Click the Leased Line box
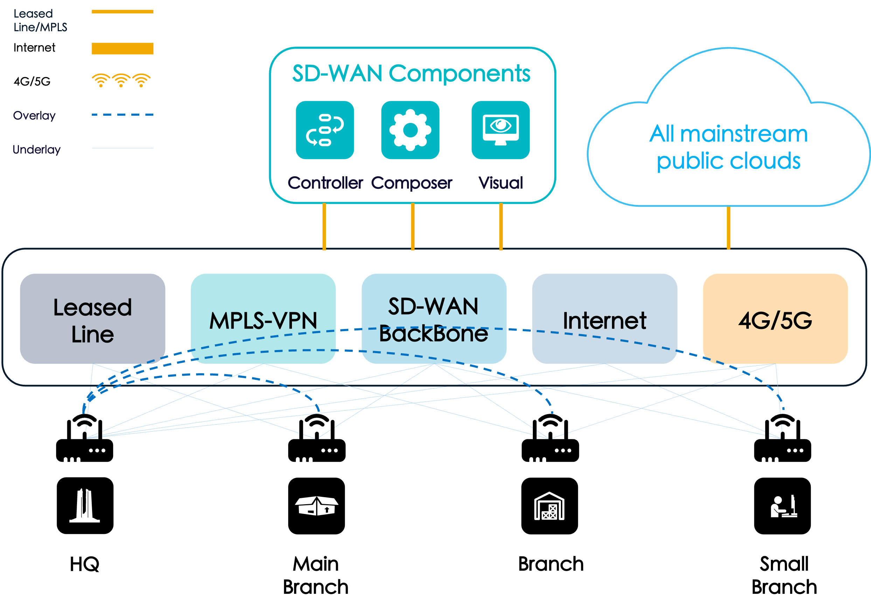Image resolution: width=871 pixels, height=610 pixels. point(92,319)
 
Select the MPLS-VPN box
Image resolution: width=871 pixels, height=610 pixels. point(263,319)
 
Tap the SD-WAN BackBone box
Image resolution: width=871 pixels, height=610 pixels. point(434,319)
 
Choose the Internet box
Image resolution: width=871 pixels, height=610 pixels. point(605,319)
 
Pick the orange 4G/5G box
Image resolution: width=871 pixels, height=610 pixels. point(775,319)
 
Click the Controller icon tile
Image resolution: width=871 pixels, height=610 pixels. point(325,130)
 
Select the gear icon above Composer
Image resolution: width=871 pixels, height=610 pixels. point(410,130)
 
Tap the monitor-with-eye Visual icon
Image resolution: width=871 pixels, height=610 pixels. point(500,130)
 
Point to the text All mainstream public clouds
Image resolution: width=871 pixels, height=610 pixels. point(729,147)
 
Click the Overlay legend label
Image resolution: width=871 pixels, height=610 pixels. point(34,115)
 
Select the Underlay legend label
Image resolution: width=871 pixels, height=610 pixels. point(36,150)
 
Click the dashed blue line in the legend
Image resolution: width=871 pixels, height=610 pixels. point(122,115)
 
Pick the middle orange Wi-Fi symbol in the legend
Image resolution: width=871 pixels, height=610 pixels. point(121,80)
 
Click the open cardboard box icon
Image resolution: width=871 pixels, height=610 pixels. point(316,506)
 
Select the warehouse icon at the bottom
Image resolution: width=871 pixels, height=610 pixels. point(549,506)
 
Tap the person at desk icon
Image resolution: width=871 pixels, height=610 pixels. point(784,506)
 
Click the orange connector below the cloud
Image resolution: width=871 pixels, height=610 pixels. point(729,228)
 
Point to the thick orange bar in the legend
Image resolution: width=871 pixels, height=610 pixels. point(122,49)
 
